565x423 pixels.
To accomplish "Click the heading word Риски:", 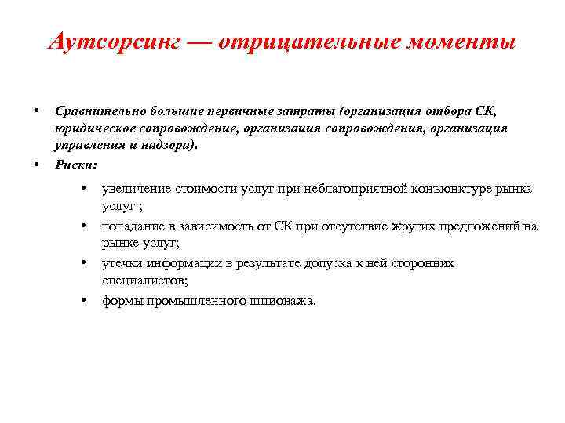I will (76, 164).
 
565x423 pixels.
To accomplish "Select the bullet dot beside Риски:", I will (37, 164).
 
